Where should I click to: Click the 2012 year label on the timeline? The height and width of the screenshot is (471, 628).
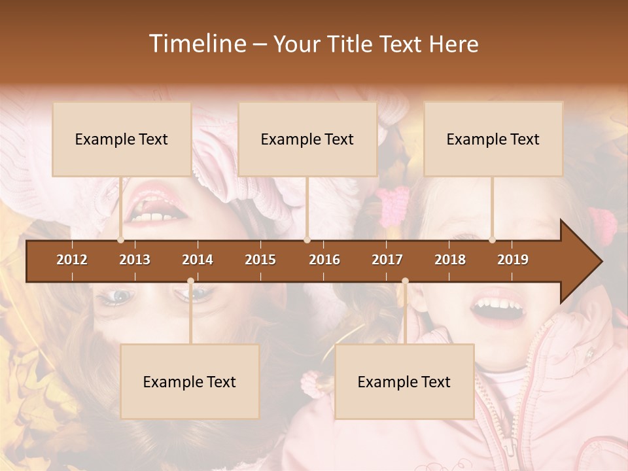click(72, 260)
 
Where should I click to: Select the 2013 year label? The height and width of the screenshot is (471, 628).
click(135, 260)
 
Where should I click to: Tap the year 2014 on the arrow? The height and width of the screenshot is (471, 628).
click(198, 260)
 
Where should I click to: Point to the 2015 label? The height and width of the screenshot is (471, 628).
click(260, 260)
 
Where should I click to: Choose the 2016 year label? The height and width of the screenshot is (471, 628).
click(324, 260)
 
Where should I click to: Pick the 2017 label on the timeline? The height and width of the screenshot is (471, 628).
click(387, 260)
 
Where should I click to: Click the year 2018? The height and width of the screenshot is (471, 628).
click(450, 260)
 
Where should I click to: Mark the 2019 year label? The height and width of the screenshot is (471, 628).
click(513, 260)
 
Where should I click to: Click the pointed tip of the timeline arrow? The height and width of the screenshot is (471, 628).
click(600, 261)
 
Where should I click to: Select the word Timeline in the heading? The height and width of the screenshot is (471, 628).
click(197, 44)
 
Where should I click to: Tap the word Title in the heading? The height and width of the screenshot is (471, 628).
click(351, 44)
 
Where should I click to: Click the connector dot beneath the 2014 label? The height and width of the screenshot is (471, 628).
click(190, 281)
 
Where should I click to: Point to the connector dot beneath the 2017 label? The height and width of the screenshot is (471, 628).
click(405, 281)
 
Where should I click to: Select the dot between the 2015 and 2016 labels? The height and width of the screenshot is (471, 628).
click(307, 240)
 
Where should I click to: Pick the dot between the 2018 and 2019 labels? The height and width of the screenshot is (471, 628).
click(493, 240)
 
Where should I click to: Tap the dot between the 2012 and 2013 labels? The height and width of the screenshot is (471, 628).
click(121, 240)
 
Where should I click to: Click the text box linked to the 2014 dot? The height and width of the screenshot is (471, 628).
click(190, 381)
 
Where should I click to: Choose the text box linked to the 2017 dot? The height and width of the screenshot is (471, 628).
click(404, 381)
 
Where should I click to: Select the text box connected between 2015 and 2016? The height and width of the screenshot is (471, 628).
click(307, 139)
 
